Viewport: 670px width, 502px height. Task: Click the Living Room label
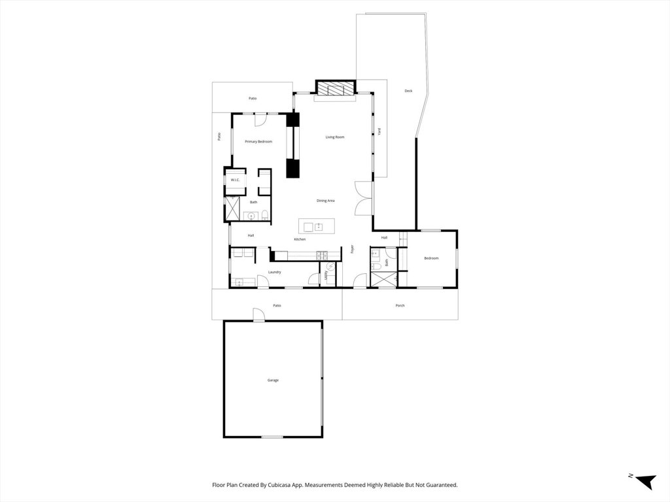pos(335,137)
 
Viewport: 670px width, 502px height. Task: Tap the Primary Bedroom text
pos(258,142)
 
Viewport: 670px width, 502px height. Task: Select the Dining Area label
pos(326,201)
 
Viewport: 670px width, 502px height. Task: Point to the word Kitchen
pos(300,239)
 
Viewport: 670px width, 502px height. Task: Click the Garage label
pos(273,380)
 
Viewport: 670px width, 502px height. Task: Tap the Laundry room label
pos(274,272)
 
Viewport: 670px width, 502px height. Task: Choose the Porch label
pos(400,305)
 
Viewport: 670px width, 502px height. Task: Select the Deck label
pos(408,91)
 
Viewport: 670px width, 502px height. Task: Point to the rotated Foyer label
pos(352,249)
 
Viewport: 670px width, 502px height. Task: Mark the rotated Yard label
pos(379,131)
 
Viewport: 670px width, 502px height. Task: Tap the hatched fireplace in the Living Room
pos(335,89)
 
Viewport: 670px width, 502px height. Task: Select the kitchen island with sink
pos(317,227)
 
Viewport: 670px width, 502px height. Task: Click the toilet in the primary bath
pos(264,215)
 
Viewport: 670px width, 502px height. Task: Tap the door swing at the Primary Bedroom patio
pos(260,120)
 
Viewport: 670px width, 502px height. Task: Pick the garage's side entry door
pos(259,315)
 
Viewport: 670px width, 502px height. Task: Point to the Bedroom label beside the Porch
pos(431,258)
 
